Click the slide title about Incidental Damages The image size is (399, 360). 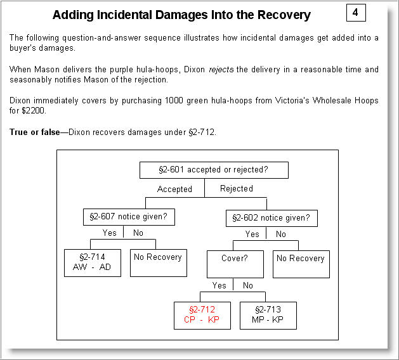(x=181, y=15)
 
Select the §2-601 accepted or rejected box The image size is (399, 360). (x=213, y=170)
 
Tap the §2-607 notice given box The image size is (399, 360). (x=129, y=217)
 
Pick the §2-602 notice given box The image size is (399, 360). (x=271, y=218)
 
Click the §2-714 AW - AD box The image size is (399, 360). (x=93, y=262)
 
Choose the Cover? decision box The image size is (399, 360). (x=235, y=263)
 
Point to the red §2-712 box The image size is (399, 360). (x=203, y=314)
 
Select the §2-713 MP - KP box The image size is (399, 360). (x=268, y=314)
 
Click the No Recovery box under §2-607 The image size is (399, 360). (x=158, y=262)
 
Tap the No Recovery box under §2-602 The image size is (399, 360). (x=301, y=263)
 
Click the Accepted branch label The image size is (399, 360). (x=174, y=189)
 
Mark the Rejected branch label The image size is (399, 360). (x=236, y=188)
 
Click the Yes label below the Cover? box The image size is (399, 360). (x=219, y=286)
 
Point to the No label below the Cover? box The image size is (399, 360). (x=248, y=286)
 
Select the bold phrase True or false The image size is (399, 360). (x=34, y=131)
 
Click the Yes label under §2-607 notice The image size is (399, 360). (x=110, y=233)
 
